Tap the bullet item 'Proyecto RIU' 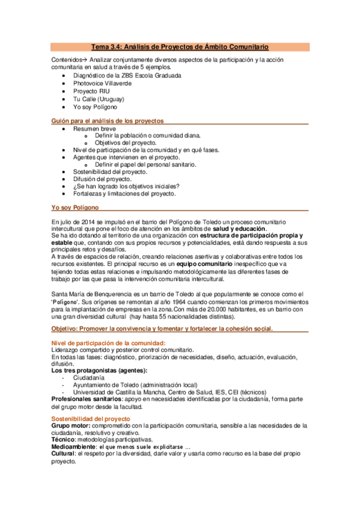(91, 91)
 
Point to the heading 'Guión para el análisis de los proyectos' (108, 121)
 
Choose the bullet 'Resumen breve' (95, 129)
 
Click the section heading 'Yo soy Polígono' (76, 207)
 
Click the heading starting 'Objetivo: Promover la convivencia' (162, 328)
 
